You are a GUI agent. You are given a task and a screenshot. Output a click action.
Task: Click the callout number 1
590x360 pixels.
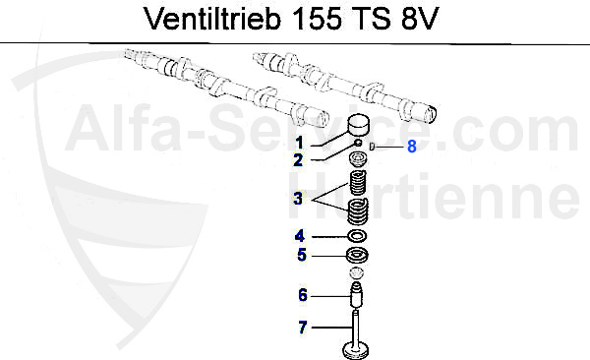point(297,143)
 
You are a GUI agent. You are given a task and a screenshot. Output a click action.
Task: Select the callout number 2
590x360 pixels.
point(297,158)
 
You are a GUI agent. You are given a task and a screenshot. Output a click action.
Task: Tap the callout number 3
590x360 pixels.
point(297,199)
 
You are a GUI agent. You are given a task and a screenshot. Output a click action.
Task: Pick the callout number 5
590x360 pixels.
point(301,256)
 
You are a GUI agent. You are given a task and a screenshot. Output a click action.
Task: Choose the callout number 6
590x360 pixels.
point(303,294)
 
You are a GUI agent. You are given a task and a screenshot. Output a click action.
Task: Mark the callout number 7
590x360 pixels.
point(303,327)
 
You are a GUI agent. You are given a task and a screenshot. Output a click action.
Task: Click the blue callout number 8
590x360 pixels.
point(412,147)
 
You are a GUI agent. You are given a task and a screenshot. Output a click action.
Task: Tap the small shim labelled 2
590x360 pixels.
point(359,145)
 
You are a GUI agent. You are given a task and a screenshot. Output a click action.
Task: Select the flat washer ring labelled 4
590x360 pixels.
point(357,236)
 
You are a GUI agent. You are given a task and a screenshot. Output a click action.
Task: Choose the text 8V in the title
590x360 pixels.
point(424,20)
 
